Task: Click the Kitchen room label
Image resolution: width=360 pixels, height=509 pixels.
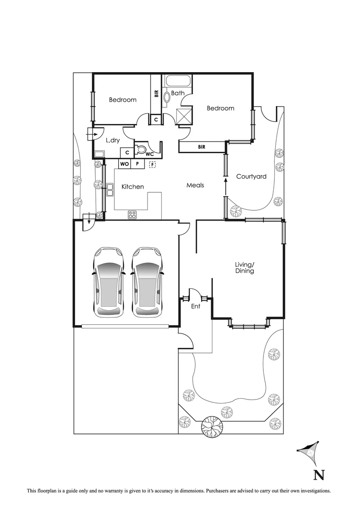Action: pos(132,187)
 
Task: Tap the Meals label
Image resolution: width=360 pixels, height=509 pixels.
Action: pos(195,185)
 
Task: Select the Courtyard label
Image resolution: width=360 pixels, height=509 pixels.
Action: pos(251,177)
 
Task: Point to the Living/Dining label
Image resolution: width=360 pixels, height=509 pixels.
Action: pos(245,268)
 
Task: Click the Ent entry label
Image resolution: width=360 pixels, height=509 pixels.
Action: pos(196,306)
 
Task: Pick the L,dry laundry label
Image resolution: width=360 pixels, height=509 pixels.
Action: pos(113,140)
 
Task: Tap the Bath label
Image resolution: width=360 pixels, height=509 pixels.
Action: pos(178,93)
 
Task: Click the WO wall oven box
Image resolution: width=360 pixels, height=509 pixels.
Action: pos(124,164)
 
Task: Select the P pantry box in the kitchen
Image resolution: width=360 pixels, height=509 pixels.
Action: pos(137,164)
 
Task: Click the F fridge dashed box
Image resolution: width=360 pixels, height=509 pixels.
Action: pos(152,164)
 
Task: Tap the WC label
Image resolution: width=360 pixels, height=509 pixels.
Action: pos(149,154)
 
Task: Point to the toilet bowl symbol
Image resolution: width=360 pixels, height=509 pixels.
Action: pos(141,150)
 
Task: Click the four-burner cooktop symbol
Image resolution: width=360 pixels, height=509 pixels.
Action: pos(132,215)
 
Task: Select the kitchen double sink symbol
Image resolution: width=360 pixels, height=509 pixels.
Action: pos(110,189)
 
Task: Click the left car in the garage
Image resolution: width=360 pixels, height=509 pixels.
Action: pos(109,282)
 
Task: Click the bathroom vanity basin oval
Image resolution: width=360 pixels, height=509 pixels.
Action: pos(167,98)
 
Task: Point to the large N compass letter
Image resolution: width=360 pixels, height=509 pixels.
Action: pos(319,474)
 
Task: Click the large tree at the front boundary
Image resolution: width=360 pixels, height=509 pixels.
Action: pos(212,427)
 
